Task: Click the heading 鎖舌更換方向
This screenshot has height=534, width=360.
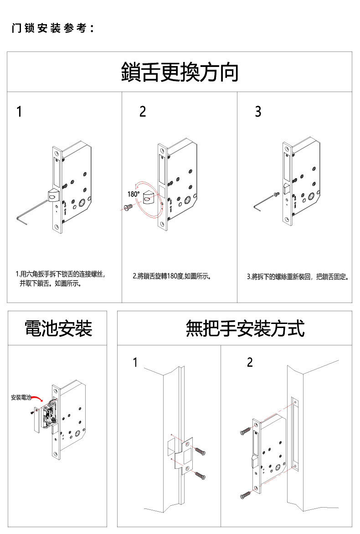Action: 180,72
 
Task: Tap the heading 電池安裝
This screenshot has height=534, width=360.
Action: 58,328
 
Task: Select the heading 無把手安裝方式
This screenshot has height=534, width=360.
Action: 245,328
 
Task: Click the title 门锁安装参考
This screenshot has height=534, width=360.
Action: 52,28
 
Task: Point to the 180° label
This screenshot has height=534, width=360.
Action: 133,194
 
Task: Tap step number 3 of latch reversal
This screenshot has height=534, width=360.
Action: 258,112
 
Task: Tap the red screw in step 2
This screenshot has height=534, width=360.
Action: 127,207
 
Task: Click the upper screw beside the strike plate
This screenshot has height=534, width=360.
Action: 201,452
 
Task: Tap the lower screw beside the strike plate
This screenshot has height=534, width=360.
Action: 201,475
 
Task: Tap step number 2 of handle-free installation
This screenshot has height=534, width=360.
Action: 250,363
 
